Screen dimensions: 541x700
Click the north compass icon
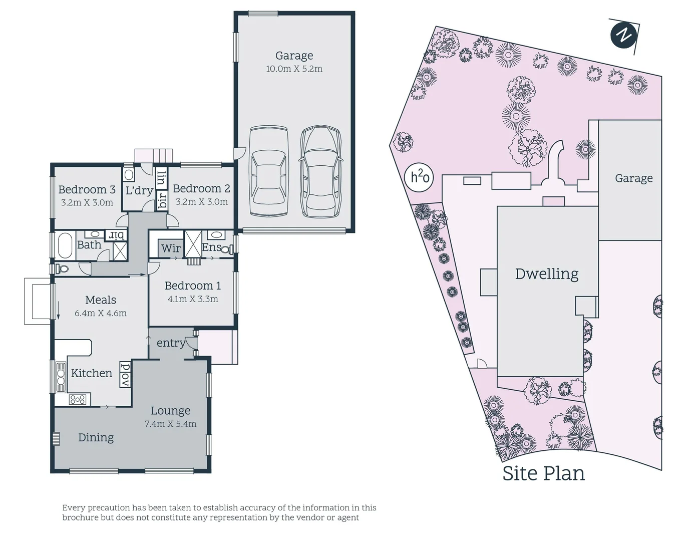point(623,35)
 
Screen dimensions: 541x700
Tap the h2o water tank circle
point(420,177)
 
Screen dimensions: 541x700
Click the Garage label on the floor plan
point(294,56)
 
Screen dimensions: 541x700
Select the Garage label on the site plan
point(633,178)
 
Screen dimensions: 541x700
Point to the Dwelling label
point(546,274)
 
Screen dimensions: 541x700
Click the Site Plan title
point(543,473)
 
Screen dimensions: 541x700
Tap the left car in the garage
point(269,171)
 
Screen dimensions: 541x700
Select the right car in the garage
point(321,171)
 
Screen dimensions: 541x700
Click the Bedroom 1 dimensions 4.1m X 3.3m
point(193,299)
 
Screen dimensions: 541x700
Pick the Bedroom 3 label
point(87,189)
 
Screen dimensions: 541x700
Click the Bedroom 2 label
point(201,188)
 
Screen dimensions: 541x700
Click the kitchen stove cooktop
point(78,399)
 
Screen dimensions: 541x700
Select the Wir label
point(171,248)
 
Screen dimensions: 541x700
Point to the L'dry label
point(139,190)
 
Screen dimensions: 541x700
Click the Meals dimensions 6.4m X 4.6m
point(101,313)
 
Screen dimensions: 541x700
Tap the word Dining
point(96,437)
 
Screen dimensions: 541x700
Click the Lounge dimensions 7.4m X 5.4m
point(170,424)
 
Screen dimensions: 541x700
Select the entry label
point(171,343)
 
